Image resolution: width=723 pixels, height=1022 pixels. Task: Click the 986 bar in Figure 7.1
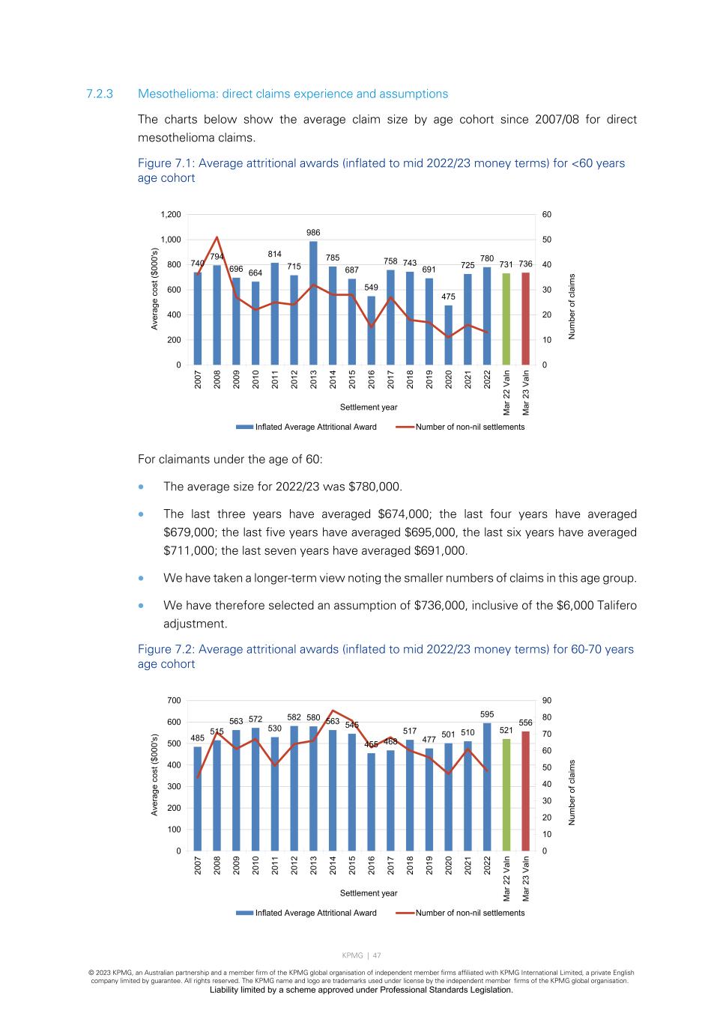click(x=313, y=303)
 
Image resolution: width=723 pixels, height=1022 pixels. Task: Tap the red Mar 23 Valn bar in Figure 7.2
click(x=526, y=791)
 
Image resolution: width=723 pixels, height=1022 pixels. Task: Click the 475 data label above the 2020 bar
click(x=448, y=296)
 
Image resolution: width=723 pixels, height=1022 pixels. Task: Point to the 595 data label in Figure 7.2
click(x=487, y=714)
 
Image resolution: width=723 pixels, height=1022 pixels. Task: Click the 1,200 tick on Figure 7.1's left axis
click(x=171, y=215)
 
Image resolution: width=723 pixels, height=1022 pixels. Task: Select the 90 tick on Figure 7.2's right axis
click(x=547, y=701)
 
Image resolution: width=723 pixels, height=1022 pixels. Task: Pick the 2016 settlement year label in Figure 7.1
click(x=372, y=379)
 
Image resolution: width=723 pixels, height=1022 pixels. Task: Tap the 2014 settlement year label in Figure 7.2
click(x=333, y=865)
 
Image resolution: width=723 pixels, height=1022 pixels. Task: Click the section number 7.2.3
click(x=99, y=94)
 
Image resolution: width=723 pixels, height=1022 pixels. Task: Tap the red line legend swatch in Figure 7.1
click(x=405, y=427)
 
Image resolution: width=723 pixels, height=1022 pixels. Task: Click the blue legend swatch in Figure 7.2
click(x=244, y=913)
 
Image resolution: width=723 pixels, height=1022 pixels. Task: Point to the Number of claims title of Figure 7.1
click(x=572, y=306)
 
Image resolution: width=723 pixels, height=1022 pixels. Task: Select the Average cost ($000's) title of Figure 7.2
click(x=155, y=774)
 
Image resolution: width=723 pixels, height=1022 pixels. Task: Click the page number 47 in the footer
click(x=377, y=955)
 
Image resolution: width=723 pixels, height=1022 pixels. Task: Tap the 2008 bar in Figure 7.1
click(x=217, y=314)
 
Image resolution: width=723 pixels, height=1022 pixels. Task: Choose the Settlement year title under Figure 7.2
click(x=369, y=893)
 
